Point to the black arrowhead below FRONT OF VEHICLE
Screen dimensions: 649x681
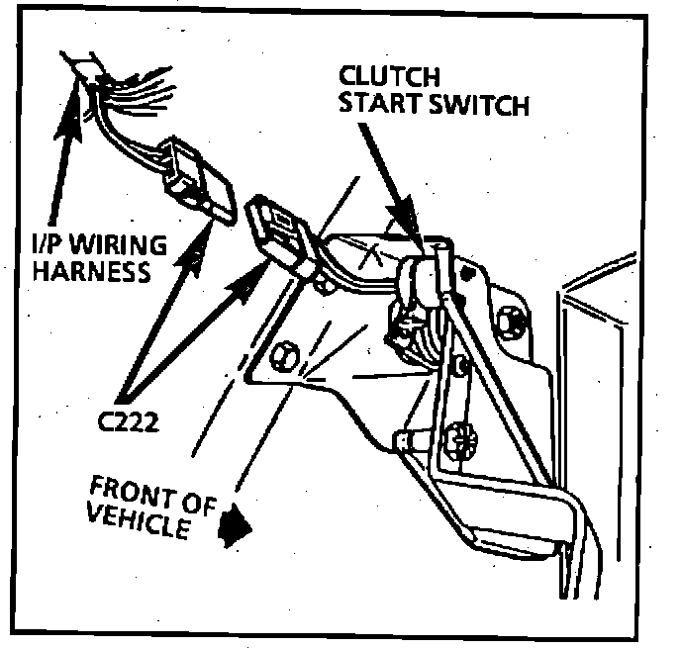[236, 524]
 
